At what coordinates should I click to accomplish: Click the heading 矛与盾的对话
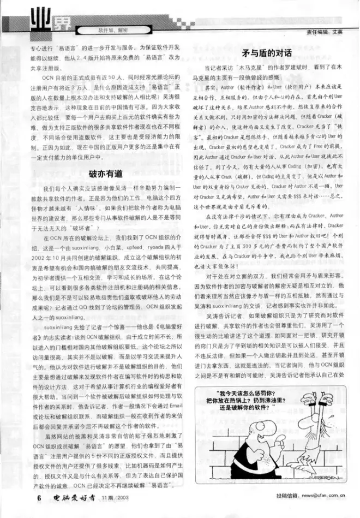[x=266, y=53]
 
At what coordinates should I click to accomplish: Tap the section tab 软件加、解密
[x=113, y=27]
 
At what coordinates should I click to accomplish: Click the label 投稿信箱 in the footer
[x=288, y=497]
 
